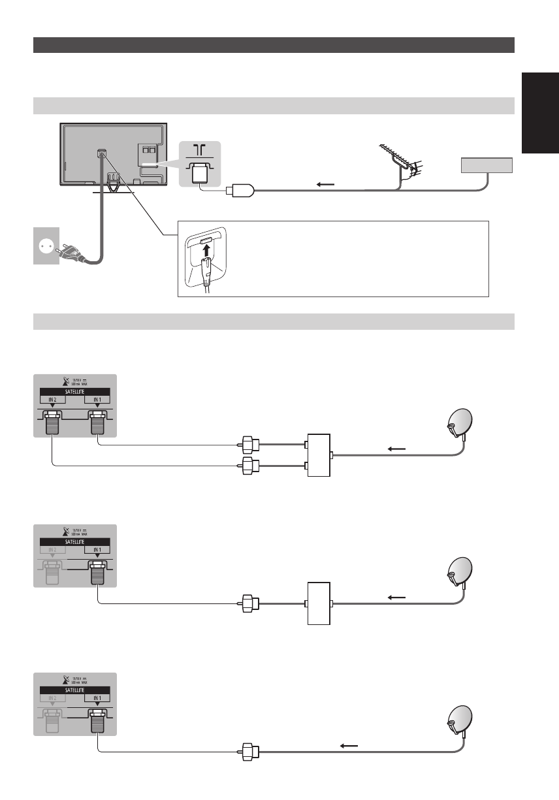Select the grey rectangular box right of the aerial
click(487, 165)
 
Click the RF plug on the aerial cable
click(241, 191)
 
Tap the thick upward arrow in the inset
click(208, 252)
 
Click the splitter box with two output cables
click(319, 455)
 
